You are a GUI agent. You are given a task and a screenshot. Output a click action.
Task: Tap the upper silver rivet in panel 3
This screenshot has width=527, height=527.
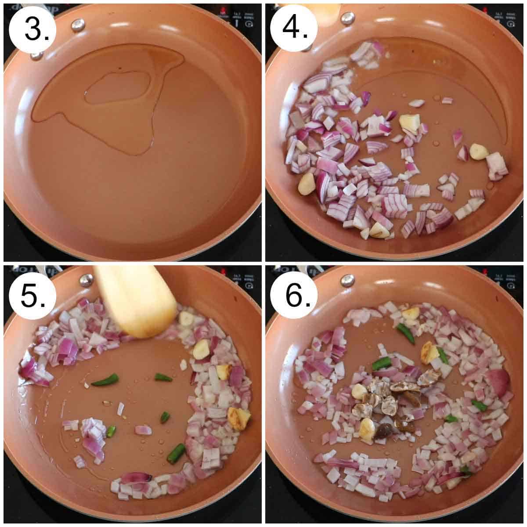point(78,25)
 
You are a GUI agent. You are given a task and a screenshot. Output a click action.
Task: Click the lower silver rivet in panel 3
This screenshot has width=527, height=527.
point(37,55)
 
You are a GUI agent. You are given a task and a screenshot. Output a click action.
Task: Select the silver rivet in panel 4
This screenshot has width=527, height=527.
point(347,18)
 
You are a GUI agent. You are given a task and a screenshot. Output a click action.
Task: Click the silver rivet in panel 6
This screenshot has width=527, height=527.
point(347,280)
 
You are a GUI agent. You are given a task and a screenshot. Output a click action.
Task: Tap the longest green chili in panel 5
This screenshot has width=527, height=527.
point(105,380)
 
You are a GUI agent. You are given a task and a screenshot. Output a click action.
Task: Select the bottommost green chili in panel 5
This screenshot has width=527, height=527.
point(176,453)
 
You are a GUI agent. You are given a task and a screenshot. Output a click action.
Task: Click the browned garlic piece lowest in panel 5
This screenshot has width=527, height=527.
point(238,418)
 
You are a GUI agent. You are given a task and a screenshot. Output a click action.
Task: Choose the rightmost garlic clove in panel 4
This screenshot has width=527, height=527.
point(478,152)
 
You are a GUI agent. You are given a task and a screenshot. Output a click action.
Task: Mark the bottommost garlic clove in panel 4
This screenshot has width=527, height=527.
point(379,231)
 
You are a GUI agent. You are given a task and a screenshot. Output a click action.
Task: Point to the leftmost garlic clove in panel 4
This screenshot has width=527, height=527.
point(307,184)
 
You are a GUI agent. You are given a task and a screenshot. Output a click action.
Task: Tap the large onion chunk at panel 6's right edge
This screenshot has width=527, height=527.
point(497,382)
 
